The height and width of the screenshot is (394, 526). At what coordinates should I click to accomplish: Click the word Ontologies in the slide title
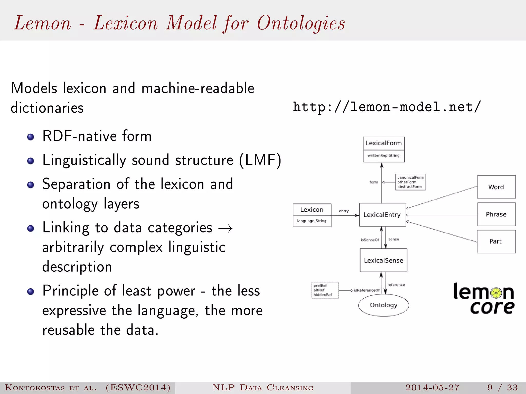click(x=301, y=23)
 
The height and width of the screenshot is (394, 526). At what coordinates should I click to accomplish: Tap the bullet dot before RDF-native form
click(x=31, y=137)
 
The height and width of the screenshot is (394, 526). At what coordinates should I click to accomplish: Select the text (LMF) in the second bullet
click(x=260, y=160)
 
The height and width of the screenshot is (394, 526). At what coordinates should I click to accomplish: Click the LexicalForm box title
click(x=383, y=143)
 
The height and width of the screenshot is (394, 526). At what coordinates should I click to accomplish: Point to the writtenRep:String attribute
click(x=383, y=155)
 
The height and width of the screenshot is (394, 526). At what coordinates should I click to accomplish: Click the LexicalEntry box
click(x=382, y=215)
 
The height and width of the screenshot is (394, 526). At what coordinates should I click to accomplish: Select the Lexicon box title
click(x=312, y=210)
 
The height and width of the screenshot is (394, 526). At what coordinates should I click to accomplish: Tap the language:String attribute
click(x=312, y=221)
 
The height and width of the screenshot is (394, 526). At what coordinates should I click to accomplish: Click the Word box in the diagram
click(x=496, y=187)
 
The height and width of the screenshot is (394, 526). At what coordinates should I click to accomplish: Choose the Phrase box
click(x=496, y=214)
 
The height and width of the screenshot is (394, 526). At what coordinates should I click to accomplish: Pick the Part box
click(x=496, y=241)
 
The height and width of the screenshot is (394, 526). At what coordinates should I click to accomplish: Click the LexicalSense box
click(x=383, y=260)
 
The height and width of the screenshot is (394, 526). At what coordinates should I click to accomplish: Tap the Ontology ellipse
click(x=383, y=305)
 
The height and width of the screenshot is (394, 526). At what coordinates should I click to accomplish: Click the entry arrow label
click(x=344, y=211)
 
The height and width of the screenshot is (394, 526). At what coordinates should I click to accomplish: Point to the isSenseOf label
click(x=370, y=240)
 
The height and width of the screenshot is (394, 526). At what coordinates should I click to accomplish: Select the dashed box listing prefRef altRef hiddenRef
click(x=325, y=290)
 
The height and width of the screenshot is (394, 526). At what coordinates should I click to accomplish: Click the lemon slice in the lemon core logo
click(x=496, y=293)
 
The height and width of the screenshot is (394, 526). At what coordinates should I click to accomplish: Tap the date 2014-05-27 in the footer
click(x=432, y=387)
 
